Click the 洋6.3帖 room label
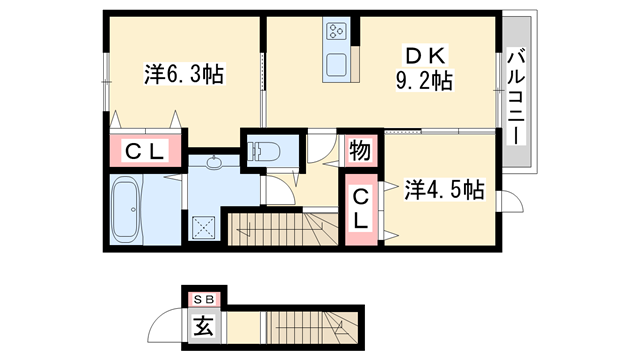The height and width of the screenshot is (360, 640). coord(183,73)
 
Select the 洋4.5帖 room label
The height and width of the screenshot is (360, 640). coord(444,189)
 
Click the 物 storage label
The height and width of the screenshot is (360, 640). coord(360,152)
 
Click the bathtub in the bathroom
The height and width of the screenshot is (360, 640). coord(127,211)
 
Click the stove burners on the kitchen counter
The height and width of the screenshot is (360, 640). coord(336,31)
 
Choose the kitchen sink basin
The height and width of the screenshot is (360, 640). coord(336,66)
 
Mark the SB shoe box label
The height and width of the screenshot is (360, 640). coord(204,298)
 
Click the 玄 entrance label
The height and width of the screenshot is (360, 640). coord(204,326)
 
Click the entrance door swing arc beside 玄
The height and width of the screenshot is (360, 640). coord(166,328)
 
